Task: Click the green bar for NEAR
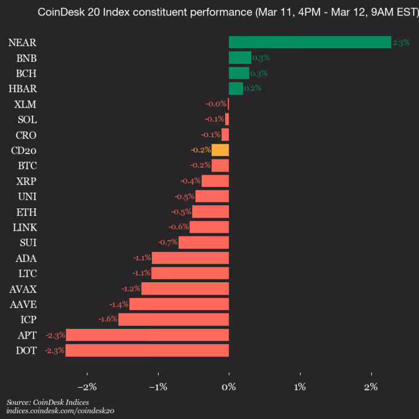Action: point(310,42)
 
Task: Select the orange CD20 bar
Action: point(220,150)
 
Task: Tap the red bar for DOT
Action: point(147,350)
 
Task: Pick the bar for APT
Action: point(147,335)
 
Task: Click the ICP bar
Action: point(173,319)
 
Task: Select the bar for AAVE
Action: point(179,304)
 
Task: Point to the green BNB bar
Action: point(240,58)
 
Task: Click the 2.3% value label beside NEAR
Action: point(401,42)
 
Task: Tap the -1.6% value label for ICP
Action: point(108,319)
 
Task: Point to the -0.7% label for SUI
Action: point(168,243)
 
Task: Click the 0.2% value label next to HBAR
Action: point(253,88)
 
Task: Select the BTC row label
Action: point(27,166)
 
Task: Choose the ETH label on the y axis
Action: point(27,212)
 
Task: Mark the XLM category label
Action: point(26,104)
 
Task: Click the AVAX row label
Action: point(23,289)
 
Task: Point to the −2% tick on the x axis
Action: point(87,387)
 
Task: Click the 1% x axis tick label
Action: point(300,387)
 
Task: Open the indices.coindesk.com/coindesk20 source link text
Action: point(60,410)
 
